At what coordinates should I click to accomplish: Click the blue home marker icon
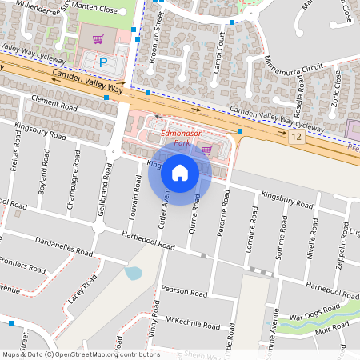tap(180, 173)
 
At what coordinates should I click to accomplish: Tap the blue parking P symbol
tap(102, 62)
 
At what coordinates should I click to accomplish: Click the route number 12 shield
tap(298, 138)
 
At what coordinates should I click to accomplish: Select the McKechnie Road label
tap(191, 324)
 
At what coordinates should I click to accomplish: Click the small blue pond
tap(134, 273)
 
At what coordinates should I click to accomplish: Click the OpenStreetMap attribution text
tap(80, 354)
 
